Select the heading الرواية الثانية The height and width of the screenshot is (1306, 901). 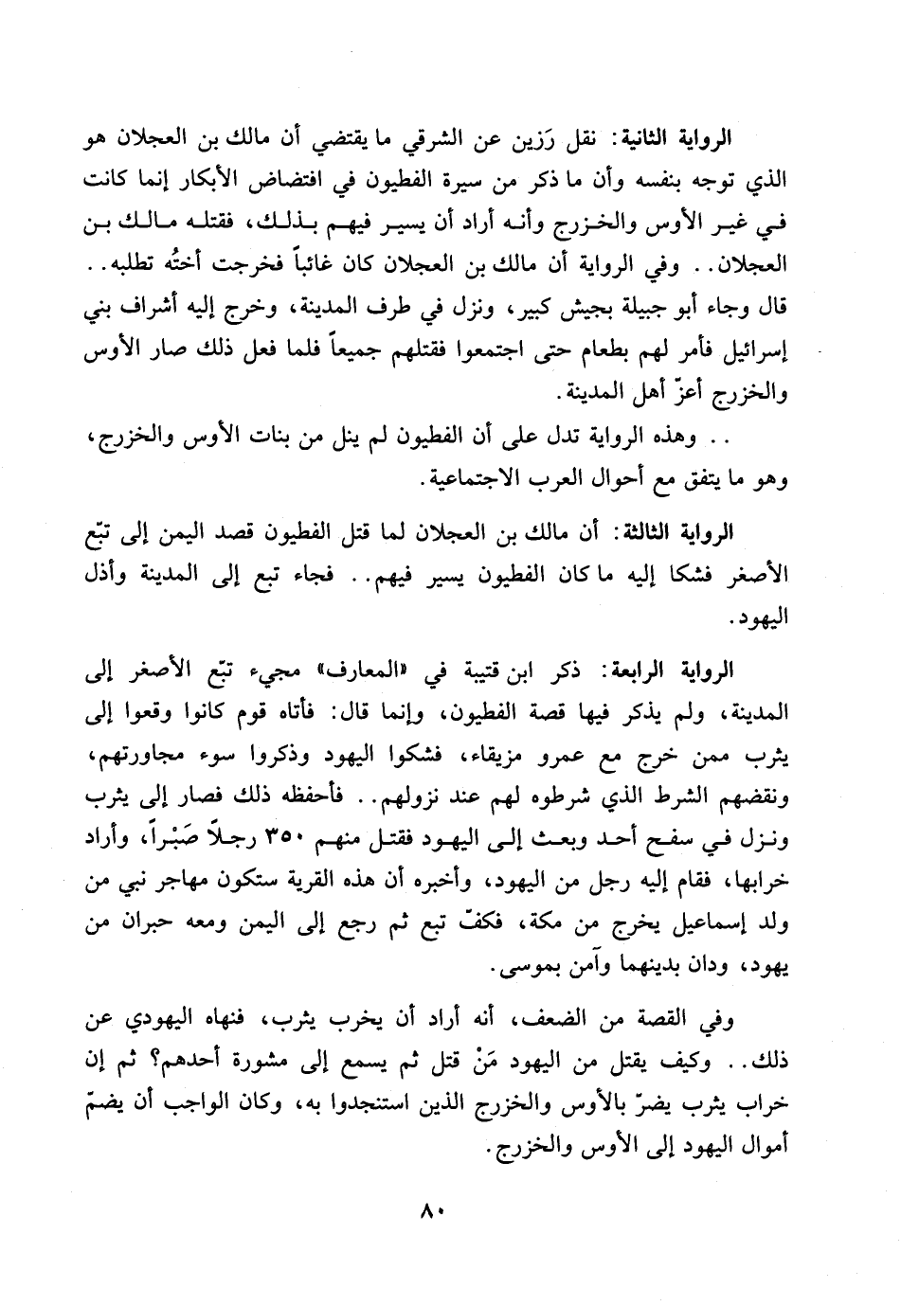coord(679,137)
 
